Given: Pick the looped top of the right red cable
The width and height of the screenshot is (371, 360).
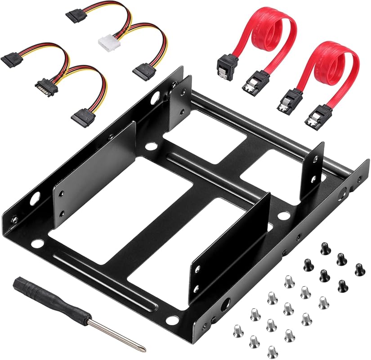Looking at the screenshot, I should pos(335,53).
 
